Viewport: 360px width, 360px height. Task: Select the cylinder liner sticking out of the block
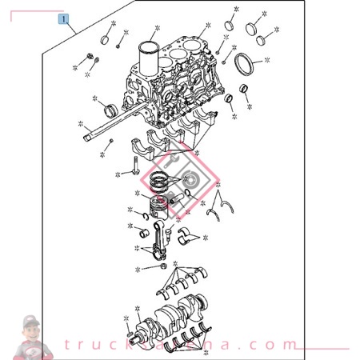[x=150, y=53]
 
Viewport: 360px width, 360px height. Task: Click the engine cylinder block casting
[x=172, y=92]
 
